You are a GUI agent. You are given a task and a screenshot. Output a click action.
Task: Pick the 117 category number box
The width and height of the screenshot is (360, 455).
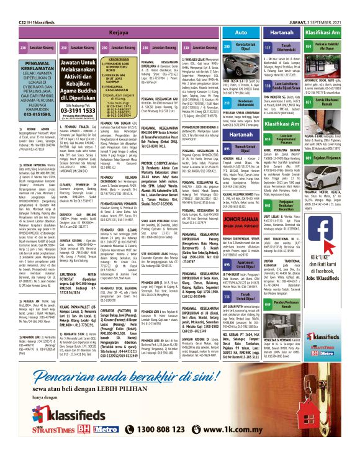268,47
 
